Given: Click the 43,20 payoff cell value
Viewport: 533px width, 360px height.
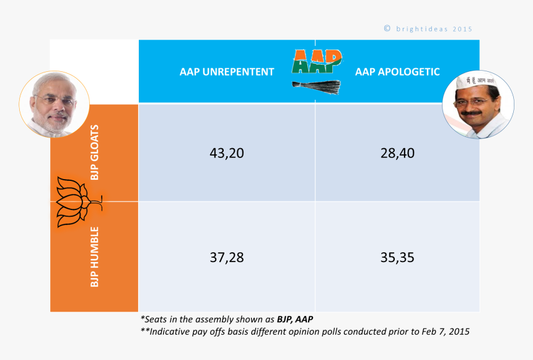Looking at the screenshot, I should click(227, 154).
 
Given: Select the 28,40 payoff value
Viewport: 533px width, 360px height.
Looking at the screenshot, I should click(397, 154).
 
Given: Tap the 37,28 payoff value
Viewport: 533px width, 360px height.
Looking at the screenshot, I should click(227, 257).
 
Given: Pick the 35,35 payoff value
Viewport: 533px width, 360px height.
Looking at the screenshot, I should click(397, 257).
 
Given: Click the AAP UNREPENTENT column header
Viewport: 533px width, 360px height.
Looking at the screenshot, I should click(227, 72).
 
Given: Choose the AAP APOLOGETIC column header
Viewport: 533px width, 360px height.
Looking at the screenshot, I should click(397, 72).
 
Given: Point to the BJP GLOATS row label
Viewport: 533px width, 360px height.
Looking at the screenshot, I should click(94, 152).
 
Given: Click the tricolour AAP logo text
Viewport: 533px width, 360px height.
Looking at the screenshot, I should click(316, 62).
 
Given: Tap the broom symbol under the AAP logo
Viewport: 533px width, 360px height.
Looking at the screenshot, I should click(317, 87).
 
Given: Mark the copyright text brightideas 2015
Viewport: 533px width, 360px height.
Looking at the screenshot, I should click(433, 29).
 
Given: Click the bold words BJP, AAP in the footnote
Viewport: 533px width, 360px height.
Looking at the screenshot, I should click(295, 320).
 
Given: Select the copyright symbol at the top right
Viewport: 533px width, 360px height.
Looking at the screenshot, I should click(387, 29).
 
